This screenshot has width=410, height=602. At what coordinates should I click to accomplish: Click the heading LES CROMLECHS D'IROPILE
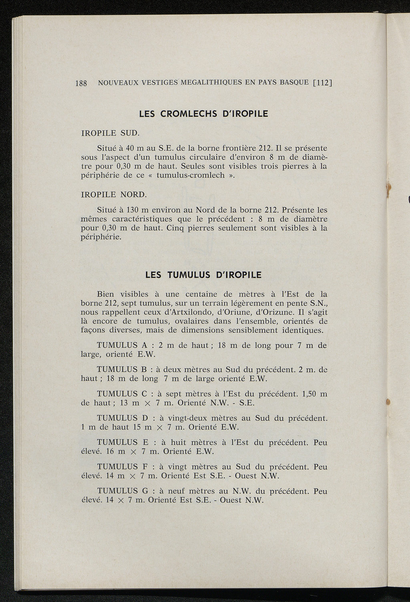click(203, 114)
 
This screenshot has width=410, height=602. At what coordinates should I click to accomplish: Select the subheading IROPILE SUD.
click(110, 132)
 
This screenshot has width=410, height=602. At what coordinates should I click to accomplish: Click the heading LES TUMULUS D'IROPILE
click(203, 275)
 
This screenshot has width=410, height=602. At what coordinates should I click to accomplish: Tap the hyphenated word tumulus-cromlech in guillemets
click(191, 175)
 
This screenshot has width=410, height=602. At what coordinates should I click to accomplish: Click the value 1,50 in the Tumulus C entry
click(311, 394)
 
